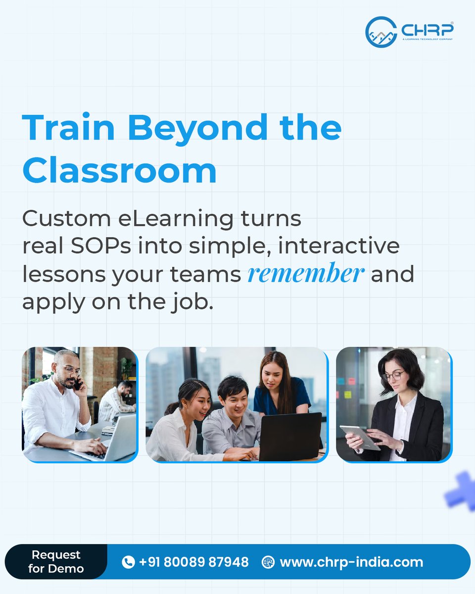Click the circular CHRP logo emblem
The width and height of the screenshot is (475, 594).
click(x=381, y=32)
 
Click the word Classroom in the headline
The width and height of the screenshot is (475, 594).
click(x=119, y=171)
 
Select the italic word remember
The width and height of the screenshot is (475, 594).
click(x=306, y=274)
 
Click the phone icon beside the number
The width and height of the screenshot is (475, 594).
click(x=128, y=562)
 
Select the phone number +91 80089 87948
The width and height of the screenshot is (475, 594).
click(x=194, y=562)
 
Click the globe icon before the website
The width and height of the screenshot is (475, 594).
click(x=268, y=562)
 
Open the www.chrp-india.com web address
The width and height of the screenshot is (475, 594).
click(x=351, y=562)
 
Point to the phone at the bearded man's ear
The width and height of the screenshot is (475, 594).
click(x=79, y=384)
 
